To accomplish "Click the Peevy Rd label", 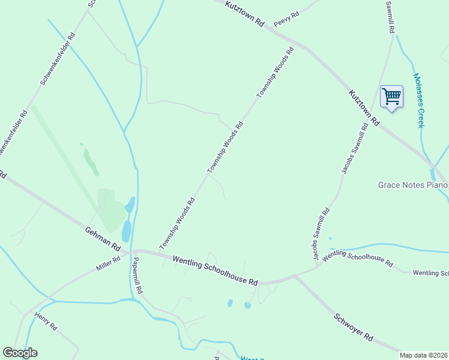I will [x=286, y=19].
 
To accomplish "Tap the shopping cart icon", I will [x=391, y=96].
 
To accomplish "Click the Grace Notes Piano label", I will [x=413, y=185].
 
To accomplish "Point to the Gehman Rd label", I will [x=103, y=239].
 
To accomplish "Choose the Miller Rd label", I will [x=107, y=263].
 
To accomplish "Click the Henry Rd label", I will [x=45, y=321].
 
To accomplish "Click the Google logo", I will [x=20, y=353].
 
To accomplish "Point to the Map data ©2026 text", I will [x=423, y=355].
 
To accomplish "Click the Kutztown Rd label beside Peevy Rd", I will [x=245, y=13].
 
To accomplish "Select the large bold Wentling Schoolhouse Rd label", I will [x=215, y=271].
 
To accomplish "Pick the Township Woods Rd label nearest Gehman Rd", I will [x=178, y=224].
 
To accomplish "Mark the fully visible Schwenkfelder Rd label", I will [x=58, y=58].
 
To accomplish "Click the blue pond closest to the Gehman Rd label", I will [x=126, y=230].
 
